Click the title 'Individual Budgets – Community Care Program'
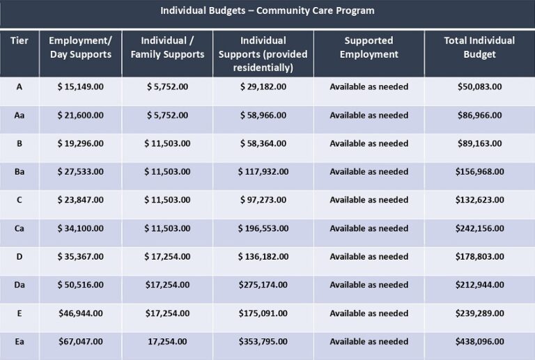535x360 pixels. pyautogui.click(x=267, y=11)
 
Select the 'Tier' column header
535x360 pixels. pyautogui.click(x=20, y=40)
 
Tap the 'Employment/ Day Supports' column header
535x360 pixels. pyautogui.click(x=80, y=47)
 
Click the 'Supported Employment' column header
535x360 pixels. pyautogui.click(x=369, y=47)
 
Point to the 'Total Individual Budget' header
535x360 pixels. pyautogui.click(x=479, y=47)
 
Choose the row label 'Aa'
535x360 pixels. pyautogui.click(x=20, y=115)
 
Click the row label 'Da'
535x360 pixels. pyautogui.click(x=20, y=285)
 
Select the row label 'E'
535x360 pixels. pyautogui.click(x=20, y=313)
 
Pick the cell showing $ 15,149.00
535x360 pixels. pyautogui.click(x=80, y=86)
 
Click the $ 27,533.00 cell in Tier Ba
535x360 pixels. pyautogui.click(x=80, y=171)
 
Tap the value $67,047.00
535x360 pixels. pyautogui.click(x=80, y=342)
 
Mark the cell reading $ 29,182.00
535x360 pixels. pyautogui.click(x=263, y=86)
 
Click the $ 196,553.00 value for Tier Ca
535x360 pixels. pyautogui.click(x=263, y=228)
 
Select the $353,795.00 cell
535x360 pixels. pyautogui.click(x=263, y=342)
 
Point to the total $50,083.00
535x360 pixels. pyautogui.click(x=479, y=86)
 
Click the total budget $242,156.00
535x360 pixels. pyautogui.click(x=479, y=228)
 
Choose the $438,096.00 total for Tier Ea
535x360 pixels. pyautogui.click(x=479, y=342)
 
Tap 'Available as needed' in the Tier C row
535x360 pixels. pyautogui.click(x=369, y=200)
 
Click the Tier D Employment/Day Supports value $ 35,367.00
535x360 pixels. pyautogui.click(x=80, y=256)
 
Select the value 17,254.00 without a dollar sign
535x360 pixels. pyautogui.click(x=167, y=342)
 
